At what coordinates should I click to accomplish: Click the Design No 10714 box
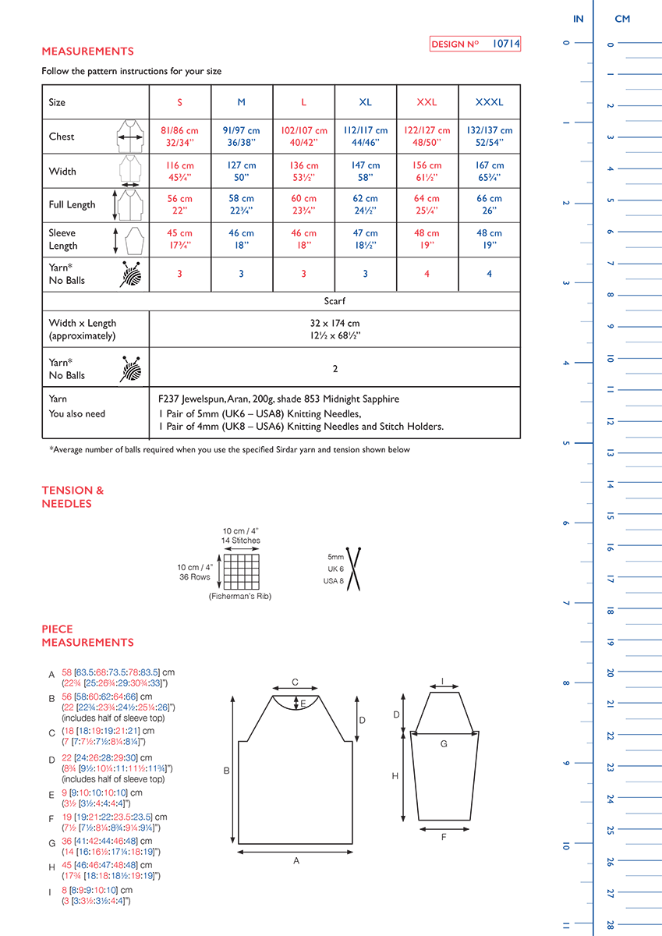tap(475, 44)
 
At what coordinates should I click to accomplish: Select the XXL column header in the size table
tap(427, 102)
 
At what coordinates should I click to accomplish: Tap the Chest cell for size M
tap(242, 136)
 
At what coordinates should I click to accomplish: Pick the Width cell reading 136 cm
tap(303, 171)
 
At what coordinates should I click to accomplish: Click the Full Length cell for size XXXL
tap(489, 204)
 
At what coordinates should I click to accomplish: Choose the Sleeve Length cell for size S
tap(179, 239)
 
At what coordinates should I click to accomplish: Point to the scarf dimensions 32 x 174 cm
tap(334, 323)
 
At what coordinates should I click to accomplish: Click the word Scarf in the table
tap(335, 300)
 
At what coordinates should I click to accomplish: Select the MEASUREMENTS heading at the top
tap(87, 51)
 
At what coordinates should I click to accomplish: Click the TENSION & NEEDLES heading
tap(73, 497)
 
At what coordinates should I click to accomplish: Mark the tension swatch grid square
tap(241, 571)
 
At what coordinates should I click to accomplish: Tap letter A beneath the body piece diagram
tap(296, 860)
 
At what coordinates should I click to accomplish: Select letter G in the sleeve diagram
tap(444, 744)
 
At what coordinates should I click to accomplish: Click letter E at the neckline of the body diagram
tap(303, 703)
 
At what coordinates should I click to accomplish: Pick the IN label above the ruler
tap(578, 19)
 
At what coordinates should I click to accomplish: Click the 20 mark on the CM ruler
tap(611, 672)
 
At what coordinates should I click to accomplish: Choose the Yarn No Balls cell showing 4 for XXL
tap(427, 274)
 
